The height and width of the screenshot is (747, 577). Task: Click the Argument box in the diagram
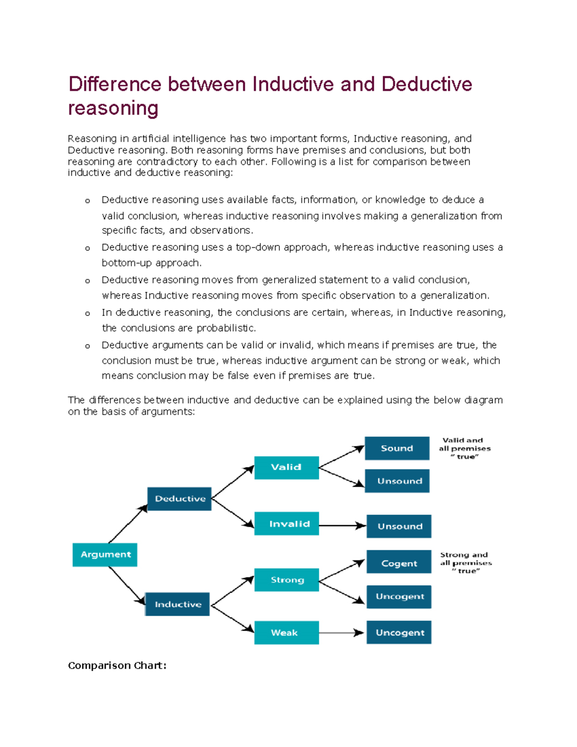pos(105,555)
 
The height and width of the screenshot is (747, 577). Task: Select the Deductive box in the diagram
pos(179,499)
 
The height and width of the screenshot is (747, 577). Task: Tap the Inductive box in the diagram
pos(177,604)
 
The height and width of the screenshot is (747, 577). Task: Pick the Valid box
pos(286,468)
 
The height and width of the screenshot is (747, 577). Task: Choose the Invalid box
pos(287,524)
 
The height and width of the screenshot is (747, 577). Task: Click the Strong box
pos(287,580)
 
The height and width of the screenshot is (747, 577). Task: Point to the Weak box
pos(287,633)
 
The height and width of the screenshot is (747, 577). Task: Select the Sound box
pos(397,448)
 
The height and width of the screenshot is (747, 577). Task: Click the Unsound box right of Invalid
pos(399,526)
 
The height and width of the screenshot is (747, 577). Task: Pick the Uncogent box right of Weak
pos(399,633)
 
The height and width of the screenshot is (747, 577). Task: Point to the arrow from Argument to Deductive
pos(128,524)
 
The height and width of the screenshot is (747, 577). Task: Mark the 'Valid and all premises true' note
pos(464,448)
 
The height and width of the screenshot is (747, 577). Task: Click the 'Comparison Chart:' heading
pos(117,666)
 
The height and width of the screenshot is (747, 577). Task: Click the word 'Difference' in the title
pos(115,84)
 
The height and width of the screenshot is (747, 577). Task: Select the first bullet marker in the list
pos(88,201)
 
